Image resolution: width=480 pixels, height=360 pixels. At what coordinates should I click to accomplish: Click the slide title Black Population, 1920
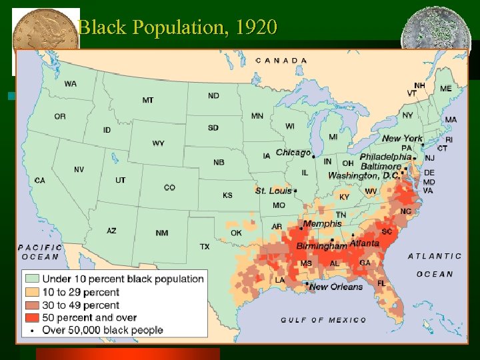(177, 28)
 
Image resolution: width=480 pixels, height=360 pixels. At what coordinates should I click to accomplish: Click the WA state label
(70, 84)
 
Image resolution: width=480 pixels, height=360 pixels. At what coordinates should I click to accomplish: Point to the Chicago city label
(293, 153)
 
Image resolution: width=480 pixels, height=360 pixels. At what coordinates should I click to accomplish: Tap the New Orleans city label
(336, 287)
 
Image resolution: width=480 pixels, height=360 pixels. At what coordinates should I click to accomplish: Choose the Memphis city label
(322, 223)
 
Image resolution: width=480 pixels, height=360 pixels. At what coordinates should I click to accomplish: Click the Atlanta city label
(365, 243)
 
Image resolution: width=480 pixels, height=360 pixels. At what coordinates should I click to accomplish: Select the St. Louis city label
(273, 191)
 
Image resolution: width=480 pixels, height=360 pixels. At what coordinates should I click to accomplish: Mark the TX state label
(205, 247)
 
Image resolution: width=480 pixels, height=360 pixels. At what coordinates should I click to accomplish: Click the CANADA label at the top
(281, 60)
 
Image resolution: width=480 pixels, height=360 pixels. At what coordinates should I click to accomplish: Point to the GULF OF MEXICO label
(323, 320)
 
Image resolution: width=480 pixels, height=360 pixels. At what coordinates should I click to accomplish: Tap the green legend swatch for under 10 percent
(32, 279)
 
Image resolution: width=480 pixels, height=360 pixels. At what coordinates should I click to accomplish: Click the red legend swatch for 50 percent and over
(32, 317)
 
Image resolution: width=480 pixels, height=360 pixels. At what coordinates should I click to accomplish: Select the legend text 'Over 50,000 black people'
(103, 330)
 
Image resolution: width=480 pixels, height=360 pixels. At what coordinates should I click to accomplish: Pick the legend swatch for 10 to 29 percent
(32, 292)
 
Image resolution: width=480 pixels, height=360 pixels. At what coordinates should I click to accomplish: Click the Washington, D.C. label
(363, 176)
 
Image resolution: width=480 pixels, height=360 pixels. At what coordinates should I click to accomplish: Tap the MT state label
(147, 100)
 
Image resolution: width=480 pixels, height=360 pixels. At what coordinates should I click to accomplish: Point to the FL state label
(381, 283)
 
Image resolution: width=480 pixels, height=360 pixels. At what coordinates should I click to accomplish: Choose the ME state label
(445, 89)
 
